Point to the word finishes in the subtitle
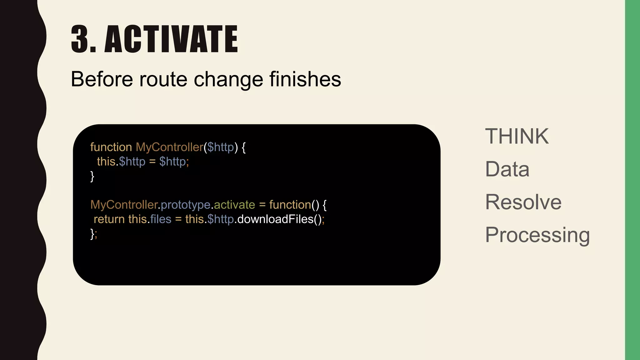click(305, 79)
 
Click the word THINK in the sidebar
click(517, 136)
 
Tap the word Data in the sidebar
click(507, 169)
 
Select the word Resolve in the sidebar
click(523, 202)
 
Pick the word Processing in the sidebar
click(537, 235)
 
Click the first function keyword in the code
click(111, 147)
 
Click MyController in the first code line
click(169, 147)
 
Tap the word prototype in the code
click(186, 205)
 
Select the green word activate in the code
click(234, 205)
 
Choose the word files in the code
click(161, 219)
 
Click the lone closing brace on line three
click(92, 176)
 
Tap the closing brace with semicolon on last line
click(93, 234)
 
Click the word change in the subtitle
click(228, 79)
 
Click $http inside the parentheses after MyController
click(221, 147)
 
